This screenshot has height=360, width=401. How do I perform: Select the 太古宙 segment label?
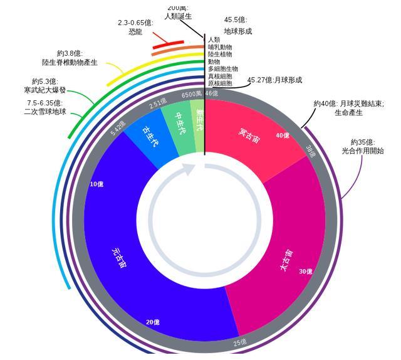(x=286, y=260)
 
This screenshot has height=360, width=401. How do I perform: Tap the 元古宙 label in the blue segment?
(x=119, y=258)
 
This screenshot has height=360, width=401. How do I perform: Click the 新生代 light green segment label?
(x=199, y=120)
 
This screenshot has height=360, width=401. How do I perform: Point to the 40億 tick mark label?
(x=282, y=135)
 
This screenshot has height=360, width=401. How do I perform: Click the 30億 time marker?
(x=305, y=272)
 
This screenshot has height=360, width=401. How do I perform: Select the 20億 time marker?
(x=152, y=322)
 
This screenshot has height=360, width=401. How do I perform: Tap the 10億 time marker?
(x=96, y=184)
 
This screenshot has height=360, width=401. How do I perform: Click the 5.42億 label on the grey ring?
(x=118, y=129)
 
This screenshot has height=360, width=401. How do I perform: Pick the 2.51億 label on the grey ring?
(x=158, y=102)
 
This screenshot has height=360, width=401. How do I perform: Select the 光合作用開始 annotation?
(x=363, y=151)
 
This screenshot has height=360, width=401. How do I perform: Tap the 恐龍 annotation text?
(x=135, y=31)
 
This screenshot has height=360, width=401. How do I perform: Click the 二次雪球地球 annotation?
(x=44, y=112)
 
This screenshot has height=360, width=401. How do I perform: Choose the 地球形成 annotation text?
(x=238, y=31)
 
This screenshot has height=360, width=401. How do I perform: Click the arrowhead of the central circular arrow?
(x=190, y=170)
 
